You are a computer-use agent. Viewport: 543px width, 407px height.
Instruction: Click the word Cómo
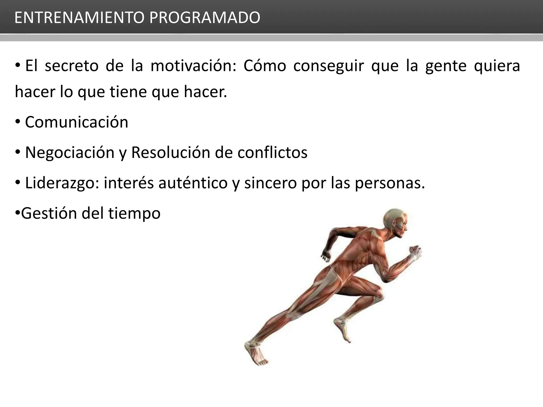[x=265, y=66]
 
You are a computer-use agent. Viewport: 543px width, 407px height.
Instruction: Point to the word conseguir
[x=329, y=66]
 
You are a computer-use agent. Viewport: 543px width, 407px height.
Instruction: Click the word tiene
[x=128, y=92]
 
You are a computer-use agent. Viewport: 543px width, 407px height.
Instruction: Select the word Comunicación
[x=77, y=122]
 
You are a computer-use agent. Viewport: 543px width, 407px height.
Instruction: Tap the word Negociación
[x=70, y=153]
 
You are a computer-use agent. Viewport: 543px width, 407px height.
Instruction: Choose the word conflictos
[x=272, y=153]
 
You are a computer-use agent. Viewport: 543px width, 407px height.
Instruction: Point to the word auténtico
[x=193, y=183]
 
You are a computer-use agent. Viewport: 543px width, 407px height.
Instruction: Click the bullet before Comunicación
[x=18, y=122]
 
